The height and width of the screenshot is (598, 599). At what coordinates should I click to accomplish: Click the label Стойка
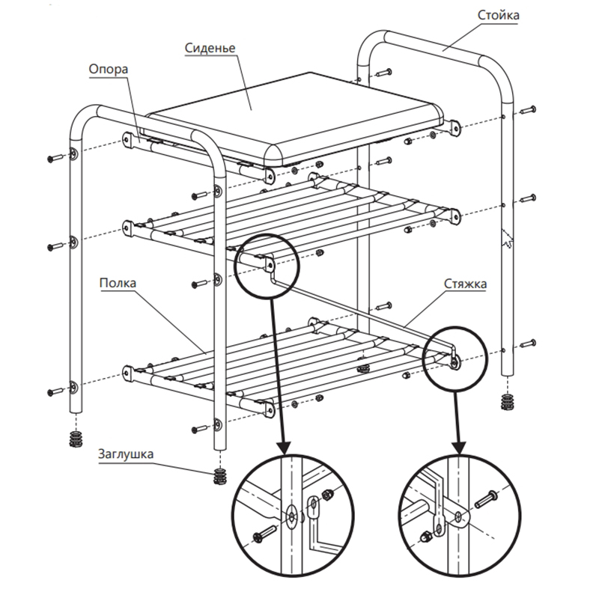point(499,14)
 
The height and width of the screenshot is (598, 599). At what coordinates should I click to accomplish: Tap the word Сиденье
point(210,48)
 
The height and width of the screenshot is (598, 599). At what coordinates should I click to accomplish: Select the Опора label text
point(109,69)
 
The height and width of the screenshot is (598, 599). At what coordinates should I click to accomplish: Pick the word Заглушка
point(124,453)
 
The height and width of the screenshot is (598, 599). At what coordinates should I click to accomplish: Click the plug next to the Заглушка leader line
point(219,475)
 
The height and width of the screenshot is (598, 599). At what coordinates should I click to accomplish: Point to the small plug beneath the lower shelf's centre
point(365,368)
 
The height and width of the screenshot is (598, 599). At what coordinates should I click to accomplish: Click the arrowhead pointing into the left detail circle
point(283,448)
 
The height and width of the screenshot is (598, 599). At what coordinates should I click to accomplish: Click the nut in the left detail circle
point(328,495)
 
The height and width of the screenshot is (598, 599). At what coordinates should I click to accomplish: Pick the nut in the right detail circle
point(425,537)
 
